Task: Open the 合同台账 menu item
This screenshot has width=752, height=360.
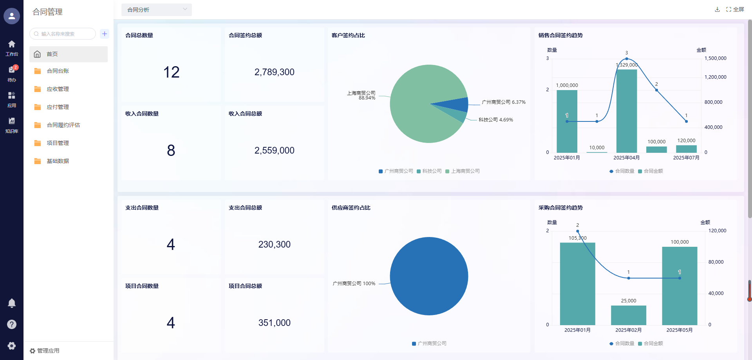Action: (x=58, y=71)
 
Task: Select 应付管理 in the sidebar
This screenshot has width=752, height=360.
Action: (x=58, y=107)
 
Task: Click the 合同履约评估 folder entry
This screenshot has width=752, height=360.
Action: (x=63, y=125)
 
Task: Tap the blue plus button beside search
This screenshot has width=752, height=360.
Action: (x=105, y=34)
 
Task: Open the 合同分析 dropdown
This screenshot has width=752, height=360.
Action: (x=156, y=10)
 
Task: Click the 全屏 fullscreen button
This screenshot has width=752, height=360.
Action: (x=735, y=9)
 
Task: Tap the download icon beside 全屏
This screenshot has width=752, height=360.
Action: (x=717, y=9)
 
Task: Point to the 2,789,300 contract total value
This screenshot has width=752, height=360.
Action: (x=274, y=72)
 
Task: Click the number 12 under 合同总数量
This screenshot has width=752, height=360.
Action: (x=171, y=72)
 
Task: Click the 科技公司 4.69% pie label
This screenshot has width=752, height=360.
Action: (x=495, y=120)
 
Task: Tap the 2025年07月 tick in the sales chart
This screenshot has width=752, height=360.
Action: (x=686, y=158)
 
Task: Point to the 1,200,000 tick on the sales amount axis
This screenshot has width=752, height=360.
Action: (x=715, y=77)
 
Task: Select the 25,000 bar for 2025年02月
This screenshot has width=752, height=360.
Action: (x=629, y=315)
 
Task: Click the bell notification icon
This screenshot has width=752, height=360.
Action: (x=12, y=303)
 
